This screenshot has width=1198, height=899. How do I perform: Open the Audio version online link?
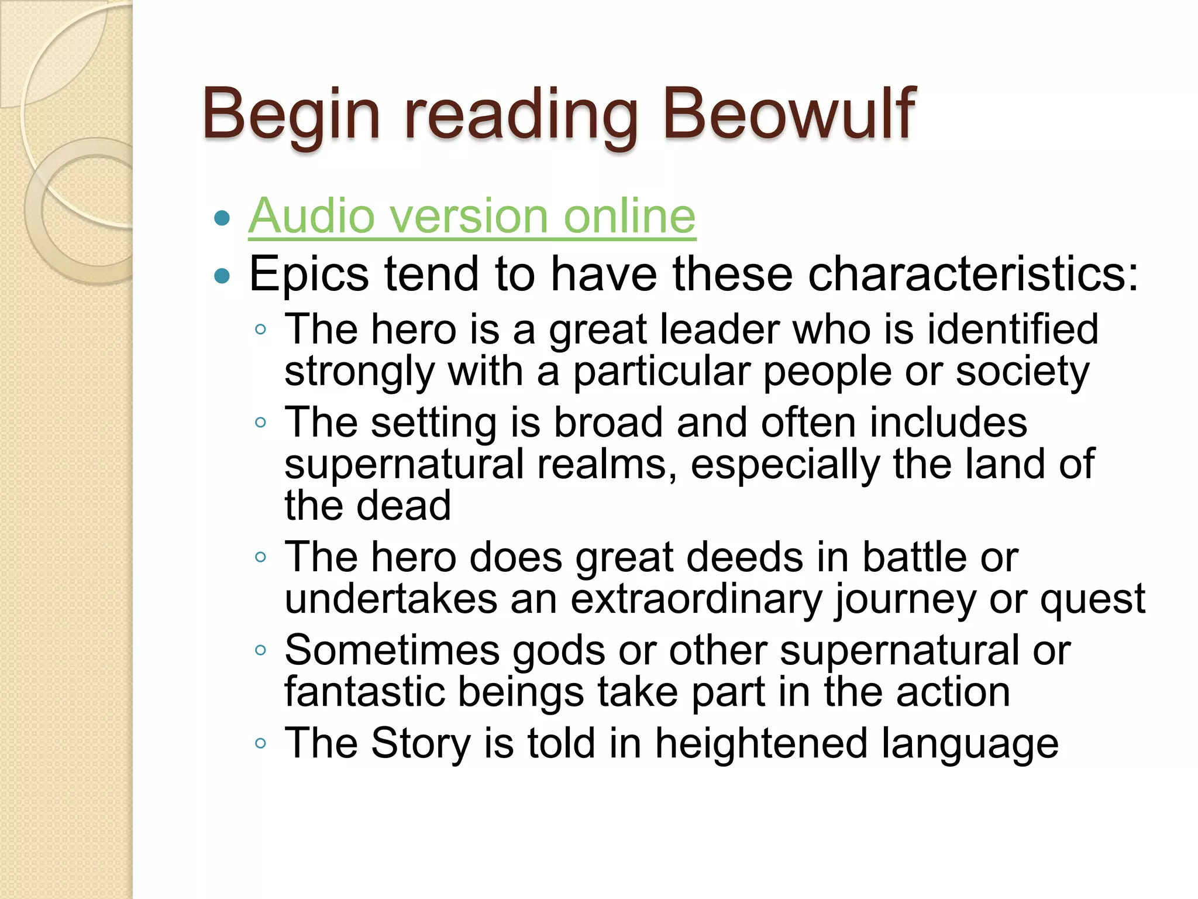[471, 216]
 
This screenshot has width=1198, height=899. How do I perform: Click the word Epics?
[309, 274]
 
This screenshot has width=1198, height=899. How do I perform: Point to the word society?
[1023, 372]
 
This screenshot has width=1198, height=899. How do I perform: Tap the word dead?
[404, 505]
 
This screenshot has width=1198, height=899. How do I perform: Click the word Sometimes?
[392, 650]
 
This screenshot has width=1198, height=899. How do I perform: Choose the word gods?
[559, 651]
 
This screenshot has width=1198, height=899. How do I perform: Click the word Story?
[421, 744]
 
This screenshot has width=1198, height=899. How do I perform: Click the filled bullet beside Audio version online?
[222, 218]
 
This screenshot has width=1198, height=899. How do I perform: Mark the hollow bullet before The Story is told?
[261, 743]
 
